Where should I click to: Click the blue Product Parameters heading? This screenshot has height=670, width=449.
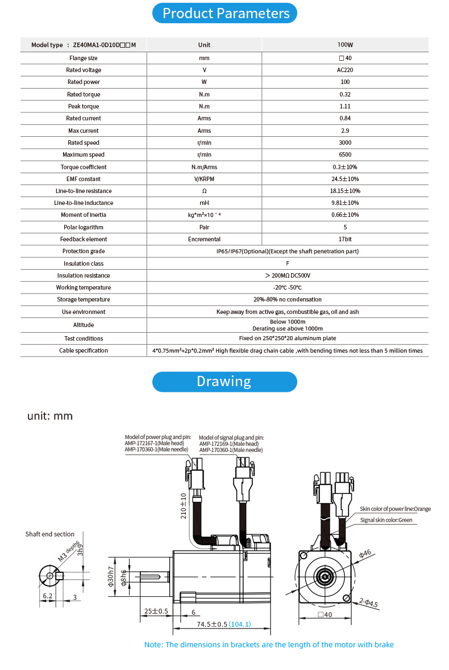click(x=224, y=13)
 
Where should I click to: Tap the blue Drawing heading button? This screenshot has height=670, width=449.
click(x=224, y=382)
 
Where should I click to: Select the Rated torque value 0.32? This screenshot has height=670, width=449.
click(x=345, y=94)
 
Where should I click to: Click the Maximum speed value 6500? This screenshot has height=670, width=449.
click(x=345, y=154)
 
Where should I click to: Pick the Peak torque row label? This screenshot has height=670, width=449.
click(x=84, y=106)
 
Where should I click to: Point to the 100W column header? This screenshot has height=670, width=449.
click(x=345, y=45)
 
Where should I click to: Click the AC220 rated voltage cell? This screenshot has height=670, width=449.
click(x=345, y=70)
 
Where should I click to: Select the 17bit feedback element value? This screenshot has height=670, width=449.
click(x=345, y=239)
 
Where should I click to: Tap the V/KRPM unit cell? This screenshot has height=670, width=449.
click(x=204, y=179)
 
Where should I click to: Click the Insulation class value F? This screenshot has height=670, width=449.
click(x=288, y=263)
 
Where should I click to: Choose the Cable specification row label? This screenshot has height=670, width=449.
click(x=84, y=350)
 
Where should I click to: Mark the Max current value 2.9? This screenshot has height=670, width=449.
click(x=345, y=131)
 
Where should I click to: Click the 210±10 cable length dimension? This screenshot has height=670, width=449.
click(x=184, y=506)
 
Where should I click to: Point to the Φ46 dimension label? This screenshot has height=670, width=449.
click(x=364, y=552)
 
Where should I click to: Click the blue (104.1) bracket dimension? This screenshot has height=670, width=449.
click(x=240, y=624)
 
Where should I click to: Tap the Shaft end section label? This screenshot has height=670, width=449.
click(x=50, y=534)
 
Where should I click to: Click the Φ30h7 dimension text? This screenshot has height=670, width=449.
click(x=111, y=578)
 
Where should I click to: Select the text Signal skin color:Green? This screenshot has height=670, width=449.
click(x=386, y=520)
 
